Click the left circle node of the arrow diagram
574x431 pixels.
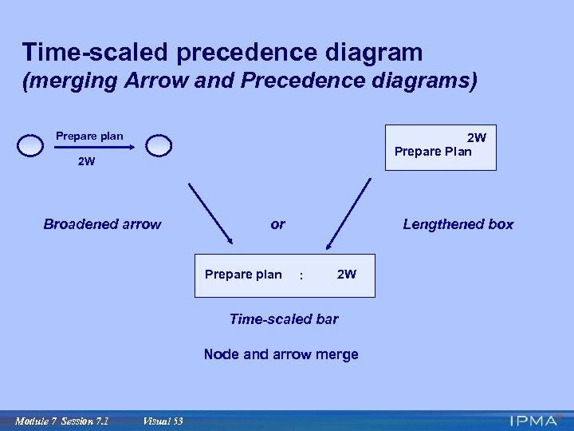30,145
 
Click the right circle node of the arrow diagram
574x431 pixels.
159,145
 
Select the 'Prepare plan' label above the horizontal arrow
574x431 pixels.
89,136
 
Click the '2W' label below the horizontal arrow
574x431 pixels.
86,162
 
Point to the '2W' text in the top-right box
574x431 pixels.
476,137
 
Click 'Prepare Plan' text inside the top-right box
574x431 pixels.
433,152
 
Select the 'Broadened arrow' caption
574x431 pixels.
102,224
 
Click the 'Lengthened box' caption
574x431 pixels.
458,224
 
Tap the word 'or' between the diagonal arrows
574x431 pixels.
277,224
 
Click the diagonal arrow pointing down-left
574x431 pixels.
348,213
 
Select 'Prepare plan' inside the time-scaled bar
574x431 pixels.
243,275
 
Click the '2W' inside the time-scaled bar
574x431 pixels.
347,275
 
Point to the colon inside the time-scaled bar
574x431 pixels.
301,276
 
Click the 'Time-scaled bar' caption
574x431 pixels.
283,319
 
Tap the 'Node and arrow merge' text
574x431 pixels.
281,354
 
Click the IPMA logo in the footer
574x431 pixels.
536,420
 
